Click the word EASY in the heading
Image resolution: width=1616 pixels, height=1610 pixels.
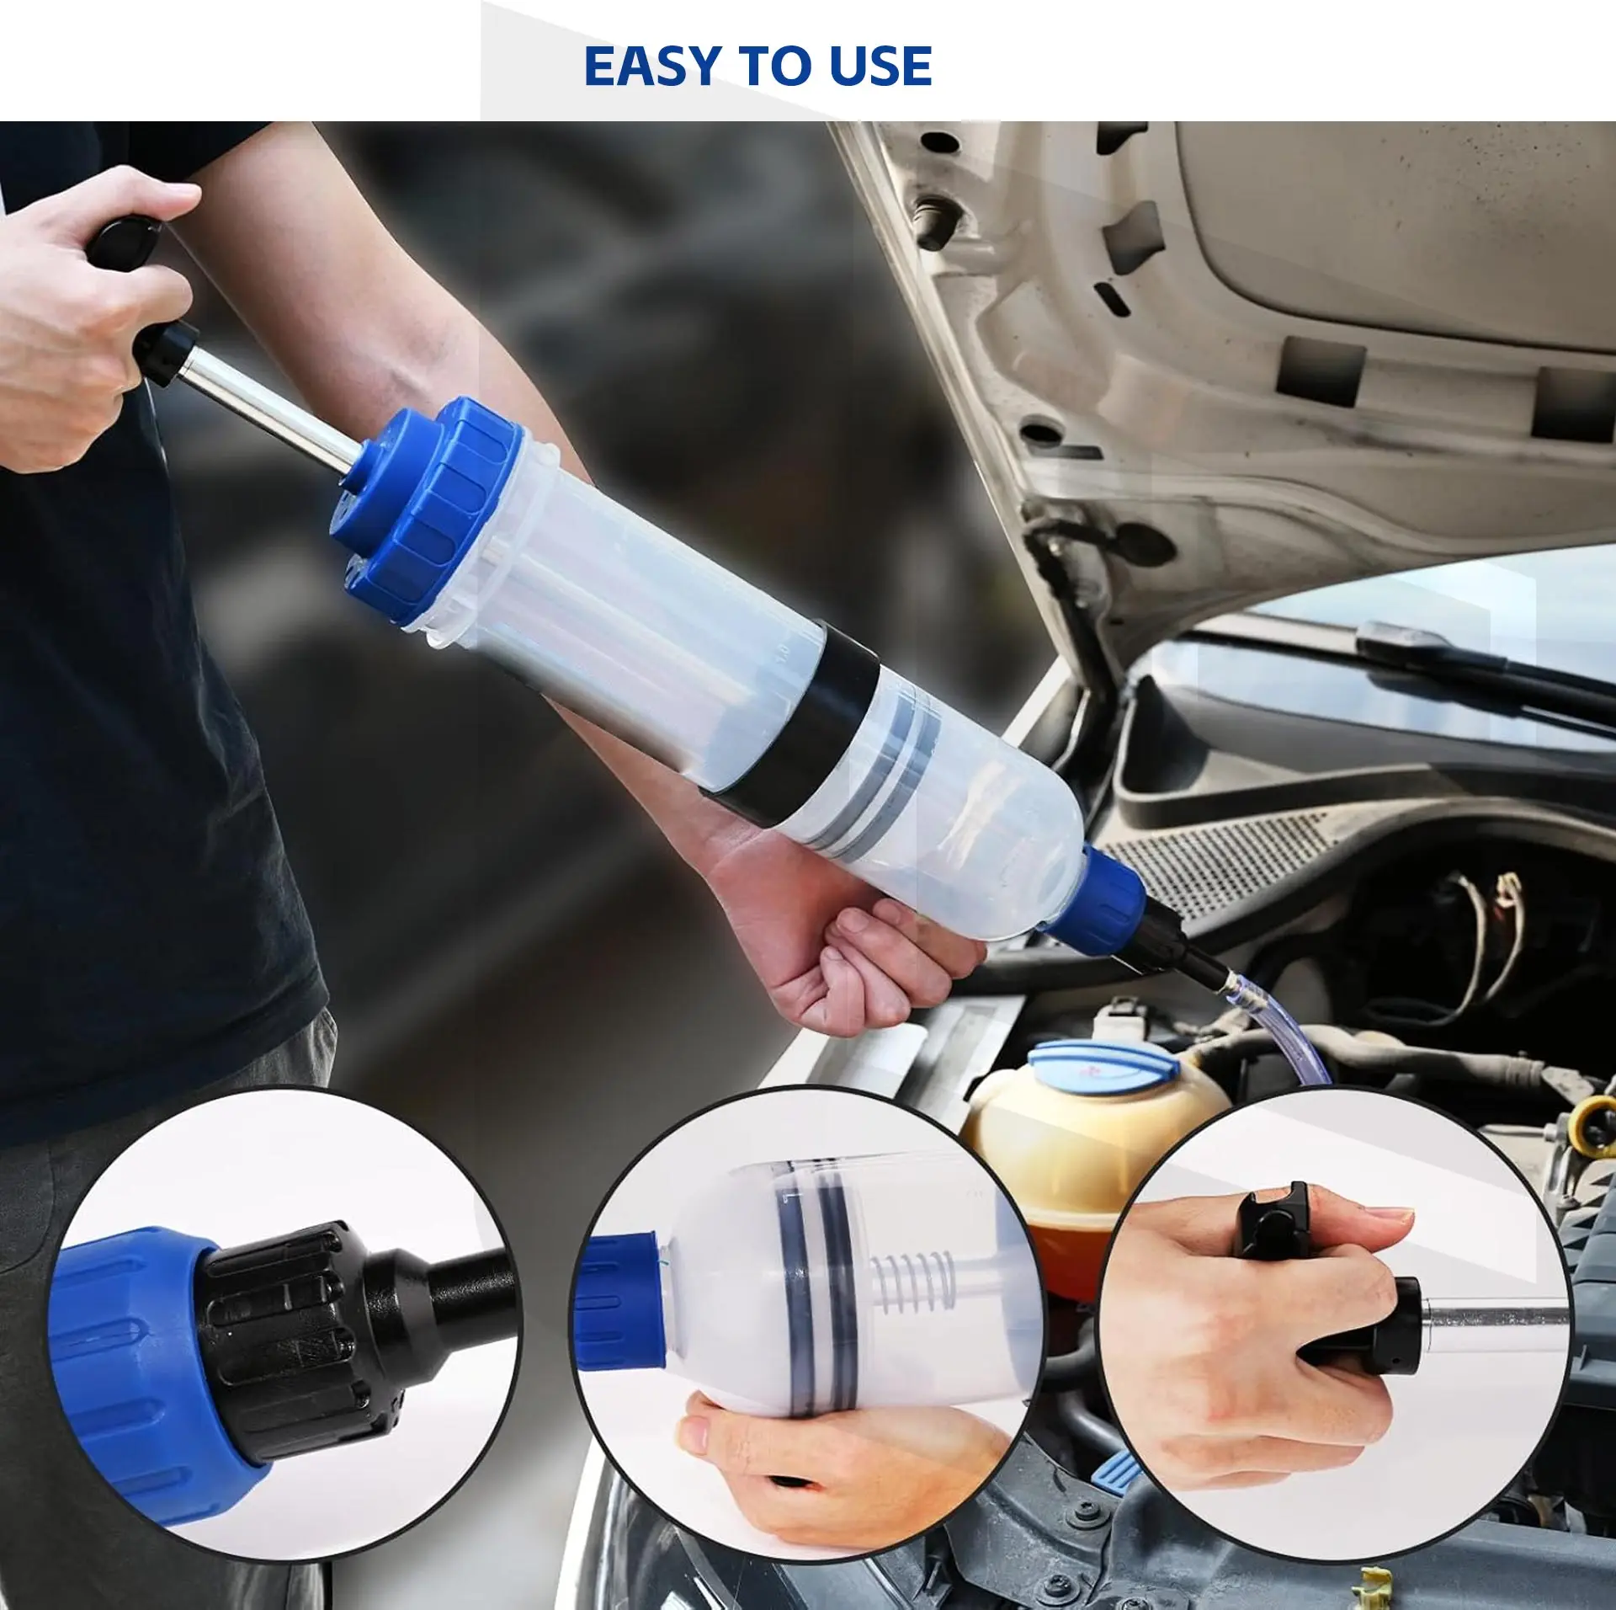[x=649, y=67]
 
